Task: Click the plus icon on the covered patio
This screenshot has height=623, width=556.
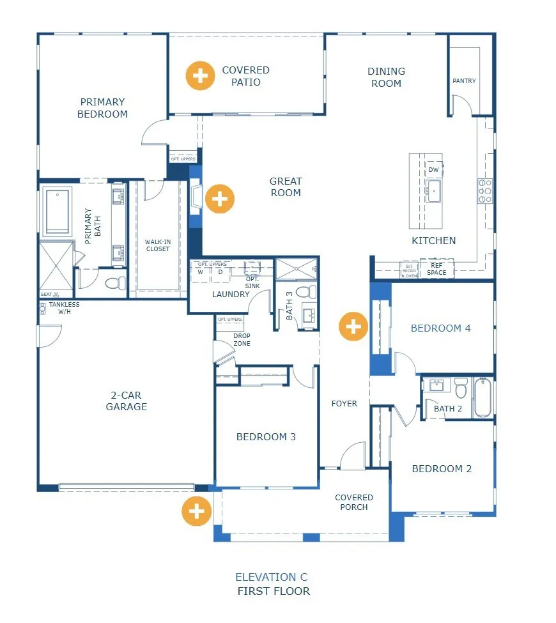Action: [200, 76]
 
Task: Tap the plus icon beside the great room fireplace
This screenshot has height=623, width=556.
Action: [219, 199]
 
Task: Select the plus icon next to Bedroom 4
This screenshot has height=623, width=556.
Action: [353, 327]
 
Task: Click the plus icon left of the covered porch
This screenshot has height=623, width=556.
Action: [196, 511]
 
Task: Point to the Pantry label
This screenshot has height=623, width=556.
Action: [464, 81]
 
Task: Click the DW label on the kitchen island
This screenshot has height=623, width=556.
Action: [433, 169]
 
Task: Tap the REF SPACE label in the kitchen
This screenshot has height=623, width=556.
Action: [437, 269]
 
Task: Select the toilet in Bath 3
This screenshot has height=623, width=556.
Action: [306, 291]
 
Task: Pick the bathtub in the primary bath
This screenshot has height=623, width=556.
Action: [59, 212]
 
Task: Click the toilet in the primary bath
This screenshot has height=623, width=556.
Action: [114, 282]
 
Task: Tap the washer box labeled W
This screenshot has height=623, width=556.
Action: [200, 272]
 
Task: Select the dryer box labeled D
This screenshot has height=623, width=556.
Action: [220, 272]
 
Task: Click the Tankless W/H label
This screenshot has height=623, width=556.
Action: [65, 309]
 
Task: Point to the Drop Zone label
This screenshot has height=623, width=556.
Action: [242, 339]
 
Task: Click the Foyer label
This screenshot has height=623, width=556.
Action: [344, 403]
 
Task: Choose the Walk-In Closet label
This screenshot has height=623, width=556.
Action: [157, 245]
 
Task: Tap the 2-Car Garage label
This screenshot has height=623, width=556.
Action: [127, 401]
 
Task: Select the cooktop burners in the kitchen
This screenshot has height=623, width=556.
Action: [484, 191]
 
